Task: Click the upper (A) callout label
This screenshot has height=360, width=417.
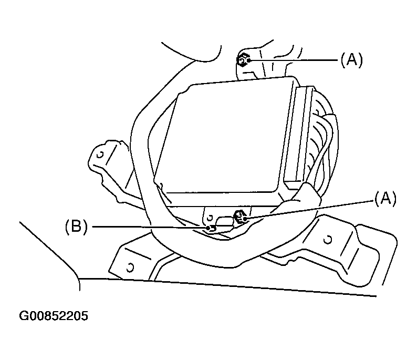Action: point(351,60)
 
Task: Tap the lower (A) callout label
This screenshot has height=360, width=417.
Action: point(385,198)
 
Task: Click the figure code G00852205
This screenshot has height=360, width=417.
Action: point(54,316)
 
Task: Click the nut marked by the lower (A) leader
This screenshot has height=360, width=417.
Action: point(239,216)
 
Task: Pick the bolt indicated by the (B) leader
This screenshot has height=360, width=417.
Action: point(210,228)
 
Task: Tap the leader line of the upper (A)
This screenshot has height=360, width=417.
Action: point(294,60)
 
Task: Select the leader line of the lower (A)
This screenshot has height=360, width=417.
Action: point(310,208)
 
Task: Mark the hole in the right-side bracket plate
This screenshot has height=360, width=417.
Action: point(327,240)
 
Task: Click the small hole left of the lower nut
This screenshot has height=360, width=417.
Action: point(210,216)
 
